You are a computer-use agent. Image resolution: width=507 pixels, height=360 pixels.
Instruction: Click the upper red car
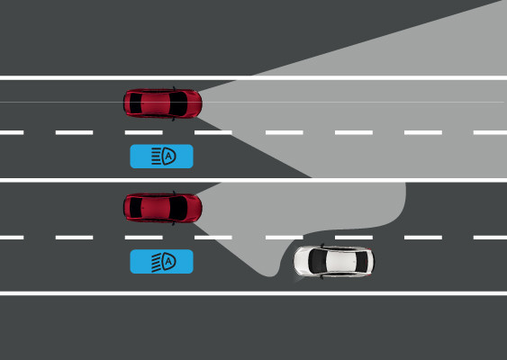[163, 103]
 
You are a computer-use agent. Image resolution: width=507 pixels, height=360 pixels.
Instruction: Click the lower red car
[163, 208]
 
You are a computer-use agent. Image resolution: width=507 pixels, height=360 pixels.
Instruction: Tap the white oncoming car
[334, 262]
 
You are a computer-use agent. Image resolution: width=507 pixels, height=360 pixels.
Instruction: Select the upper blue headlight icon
[162, 157]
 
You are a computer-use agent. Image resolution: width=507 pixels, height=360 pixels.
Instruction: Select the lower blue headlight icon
[162, 261]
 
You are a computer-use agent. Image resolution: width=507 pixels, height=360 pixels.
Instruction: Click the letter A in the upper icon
[168, 157]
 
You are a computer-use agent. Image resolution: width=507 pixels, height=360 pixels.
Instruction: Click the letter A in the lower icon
[168, 261]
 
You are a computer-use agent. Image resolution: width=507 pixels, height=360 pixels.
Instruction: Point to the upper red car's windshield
[177, 103]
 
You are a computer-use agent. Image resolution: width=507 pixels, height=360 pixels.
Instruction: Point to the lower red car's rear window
[135, 208]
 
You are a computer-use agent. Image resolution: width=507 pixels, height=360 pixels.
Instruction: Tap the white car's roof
[340, 261]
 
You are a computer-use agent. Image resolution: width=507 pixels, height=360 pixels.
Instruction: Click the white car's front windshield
[317, 261]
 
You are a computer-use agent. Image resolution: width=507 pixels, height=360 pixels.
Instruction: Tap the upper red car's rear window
[135, 103]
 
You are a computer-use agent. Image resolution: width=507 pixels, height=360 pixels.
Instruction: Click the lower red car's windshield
[177, 208]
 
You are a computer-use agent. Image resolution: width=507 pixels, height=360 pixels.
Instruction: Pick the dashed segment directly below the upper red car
[143, 132]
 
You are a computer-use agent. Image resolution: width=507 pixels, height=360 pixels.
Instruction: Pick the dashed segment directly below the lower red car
[143, 238]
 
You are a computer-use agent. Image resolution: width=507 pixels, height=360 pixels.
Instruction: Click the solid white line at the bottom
[254, 293]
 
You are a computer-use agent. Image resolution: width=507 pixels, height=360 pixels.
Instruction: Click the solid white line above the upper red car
[254, 78]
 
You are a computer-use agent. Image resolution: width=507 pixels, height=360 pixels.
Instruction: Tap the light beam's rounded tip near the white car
[270, 274]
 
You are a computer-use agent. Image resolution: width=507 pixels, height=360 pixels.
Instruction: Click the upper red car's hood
[195, 103]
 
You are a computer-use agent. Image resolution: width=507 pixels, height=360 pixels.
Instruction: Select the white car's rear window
[362, 262]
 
